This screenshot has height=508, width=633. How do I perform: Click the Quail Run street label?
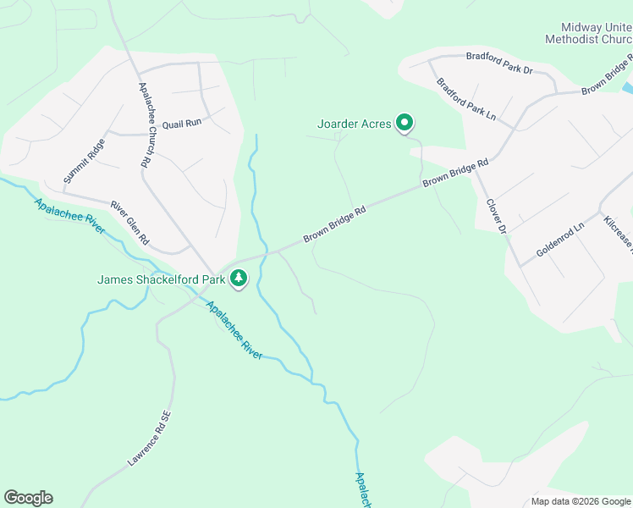click(x=182, y=123)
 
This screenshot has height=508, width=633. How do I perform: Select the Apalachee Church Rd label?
click(x=143, y=124)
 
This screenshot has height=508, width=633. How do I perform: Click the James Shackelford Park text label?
click(x=161, y=279)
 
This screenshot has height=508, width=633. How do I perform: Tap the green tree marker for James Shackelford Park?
click(x=239, y=279)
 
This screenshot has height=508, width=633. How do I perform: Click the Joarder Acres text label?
click(x=355, y=124)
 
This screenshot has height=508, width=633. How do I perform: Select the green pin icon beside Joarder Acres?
click(x=405, y=124)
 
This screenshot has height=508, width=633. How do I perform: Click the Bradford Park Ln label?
click(x=466, y=100)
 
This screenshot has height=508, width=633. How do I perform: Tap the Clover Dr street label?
click(x=496, y=216)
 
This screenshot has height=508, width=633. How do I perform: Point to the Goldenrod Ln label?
click(x=560, y=240)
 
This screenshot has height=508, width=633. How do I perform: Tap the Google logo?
click(x=28, y=498)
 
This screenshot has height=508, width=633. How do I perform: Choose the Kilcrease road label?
click(x=619, y=234)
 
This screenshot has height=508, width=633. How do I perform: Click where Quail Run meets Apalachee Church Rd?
click(x=140, y=134)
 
